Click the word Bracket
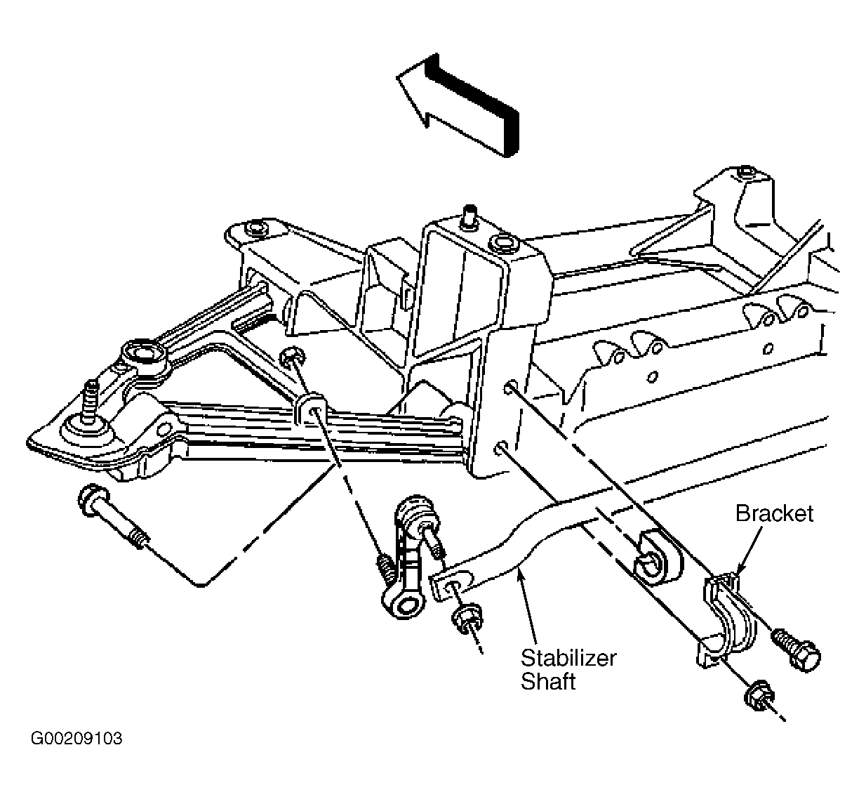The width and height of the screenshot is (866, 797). click(x=774, y=513)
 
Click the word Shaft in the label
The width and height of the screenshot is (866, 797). click(x=548, y=682)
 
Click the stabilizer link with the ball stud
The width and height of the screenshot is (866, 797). click(x=410, y=558)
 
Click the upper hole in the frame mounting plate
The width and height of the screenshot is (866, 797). click(x=509, y=387)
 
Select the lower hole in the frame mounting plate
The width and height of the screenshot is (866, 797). click(x=502, y=448)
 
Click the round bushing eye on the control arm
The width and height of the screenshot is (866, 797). click(x=144, y=355)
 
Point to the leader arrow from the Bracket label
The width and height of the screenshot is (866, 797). click(x=749, y=552)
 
